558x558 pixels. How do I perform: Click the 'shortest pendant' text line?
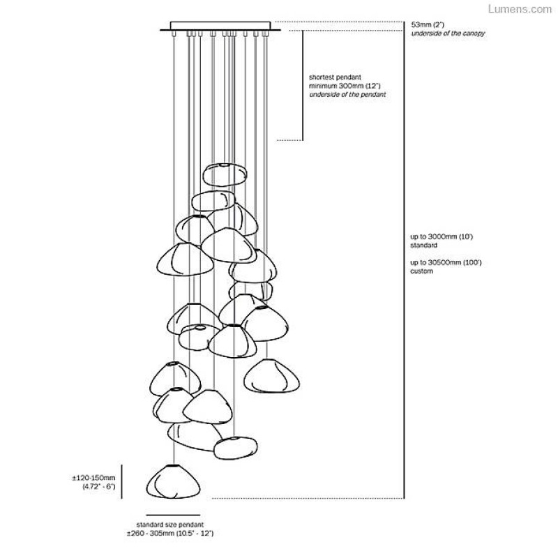tap(333, 77)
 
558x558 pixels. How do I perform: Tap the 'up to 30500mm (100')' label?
tap(446, 263)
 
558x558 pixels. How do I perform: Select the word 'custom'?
tap(422, 271)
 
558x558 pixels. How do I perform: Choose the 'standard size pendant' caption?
tap(170, 524)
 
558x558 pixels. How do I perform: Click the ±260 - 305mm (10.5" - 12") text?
tap(170, 533)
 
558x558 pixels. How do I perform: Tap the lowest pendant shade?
tap(170, 481)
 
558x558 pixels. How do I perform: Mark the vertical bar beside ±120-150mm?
tap(122, 481)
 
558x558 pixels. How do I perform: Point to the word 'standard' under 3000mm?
tap(423, 246)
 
